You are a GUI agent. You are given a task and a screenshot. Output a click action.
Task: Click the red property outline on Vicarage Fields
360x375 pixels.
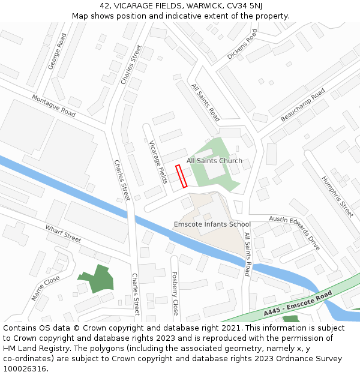(181, 176)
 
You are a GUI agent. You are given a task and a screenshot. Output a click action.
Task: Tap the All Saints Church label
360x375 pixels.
(214, 161)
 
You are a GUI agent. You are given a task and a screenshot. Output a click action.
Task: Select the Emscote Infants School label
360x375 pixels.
(212, 224)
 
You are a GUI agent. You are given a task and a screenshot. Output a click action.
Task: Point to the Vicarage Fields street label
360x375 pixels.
(158, 163)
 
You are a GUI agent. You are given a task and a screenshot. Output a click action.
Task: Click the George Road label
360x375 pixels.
(58, 52)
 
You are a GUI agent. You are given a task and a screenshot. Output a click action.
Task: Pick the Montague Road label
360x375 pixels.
(53, 106)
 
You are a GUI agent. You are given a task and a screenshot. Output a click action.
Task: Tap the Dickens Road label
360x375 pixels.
(242, 44)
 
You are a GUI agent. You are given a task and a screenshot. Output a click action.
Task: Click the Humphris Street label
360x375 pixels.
(337, 197)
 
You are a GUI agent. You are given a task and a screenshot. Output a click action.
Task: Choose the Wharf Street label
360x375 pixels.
(63, 233)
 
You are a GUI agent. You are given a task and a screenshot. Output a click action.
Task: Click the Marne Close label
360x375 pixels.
(46, 288)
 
